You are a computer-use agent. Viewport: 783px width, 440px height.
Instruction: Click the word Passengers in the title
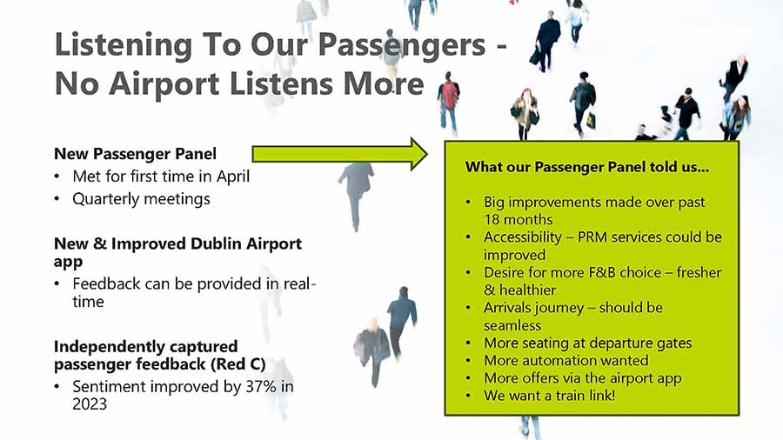click(x=401, y=45)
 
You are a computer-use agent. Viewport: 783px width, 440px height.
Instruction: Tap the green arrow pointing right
click(x=339, y=154)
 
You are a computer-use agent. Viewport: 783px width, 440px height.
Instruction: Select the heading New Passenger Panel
click(x=136, y=154)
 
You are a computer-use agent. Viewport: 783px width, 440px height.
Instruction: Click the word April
click(x=232, y=177)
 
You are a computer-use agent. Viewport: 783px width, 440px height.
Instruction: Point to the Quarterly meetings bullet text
click(x=141, y=199)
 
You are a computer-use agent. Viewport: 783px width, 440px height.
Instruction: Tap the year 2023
click(x=90, y=403)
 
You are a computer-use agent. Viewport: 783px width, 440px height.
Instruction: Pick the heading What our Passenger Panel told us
click(x=587, y=167)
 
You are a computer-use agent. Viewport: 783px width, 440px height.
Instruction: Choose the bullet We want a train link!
click(x=549, y=396)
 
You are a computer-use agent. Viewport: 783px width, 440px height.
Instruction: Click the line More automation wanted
click(x=566, y=360)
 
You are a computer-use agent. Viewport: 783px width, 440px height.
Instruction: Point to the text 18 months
click(x=519, y=219)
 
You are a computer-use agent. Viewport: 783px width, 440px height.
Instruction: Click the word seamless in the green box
click(x=512, y=325)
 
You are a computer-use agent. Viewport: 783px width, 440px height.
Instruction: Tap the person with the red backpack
click(x=448, y=103)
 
